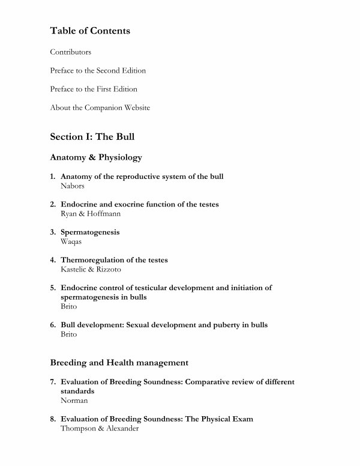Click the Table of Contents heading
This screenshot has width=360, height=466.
click(x=90, y=31)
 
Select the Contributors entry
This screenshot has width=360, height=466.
click(x=71, y=52)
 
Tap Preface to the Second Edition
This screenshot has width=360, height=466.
click(x=98, y=71)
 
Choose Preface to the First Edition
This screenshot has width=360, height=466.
click(x=94, y=89)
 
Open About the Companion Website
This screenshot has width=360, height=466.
click(x=100, y=107)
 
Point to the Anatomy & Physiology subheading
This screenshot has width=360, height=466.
click(x=96, y=157)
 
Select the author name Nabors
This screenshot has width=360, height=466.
click(x=73, y=186)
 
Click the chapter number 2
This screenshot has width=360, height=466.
click(x=53, y=204)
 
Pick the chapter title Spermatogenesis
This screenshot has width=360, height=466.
click(x=90, y=232)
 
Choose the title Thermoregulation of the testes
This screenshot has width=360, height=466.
click(x=114, y=260)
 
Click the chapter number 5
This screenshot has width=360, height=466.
click(x=53, y=288)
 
